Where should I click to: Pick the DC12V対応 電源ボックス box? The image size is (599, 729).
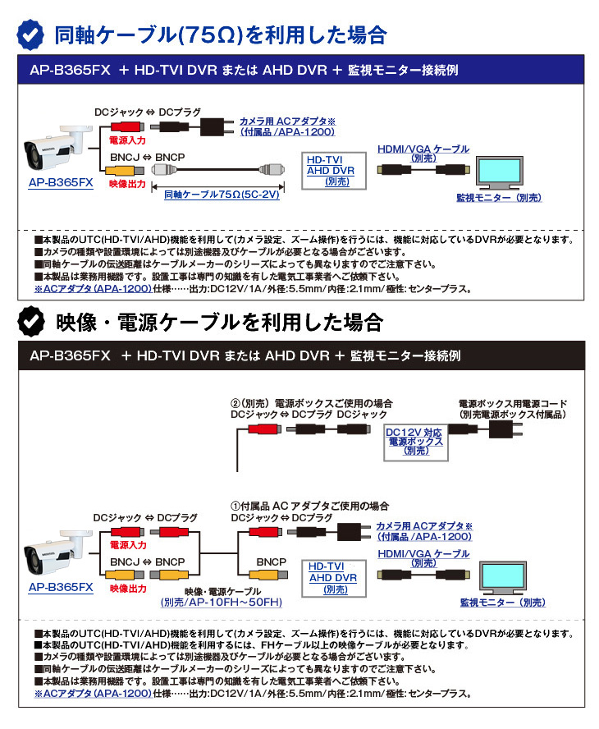tap(414, 442)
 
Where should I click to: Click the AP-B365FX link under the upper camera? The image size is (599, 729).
tap(60, 183)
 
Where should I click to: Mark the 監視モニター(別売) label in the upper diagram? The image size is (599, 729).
tap(499, 198)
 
